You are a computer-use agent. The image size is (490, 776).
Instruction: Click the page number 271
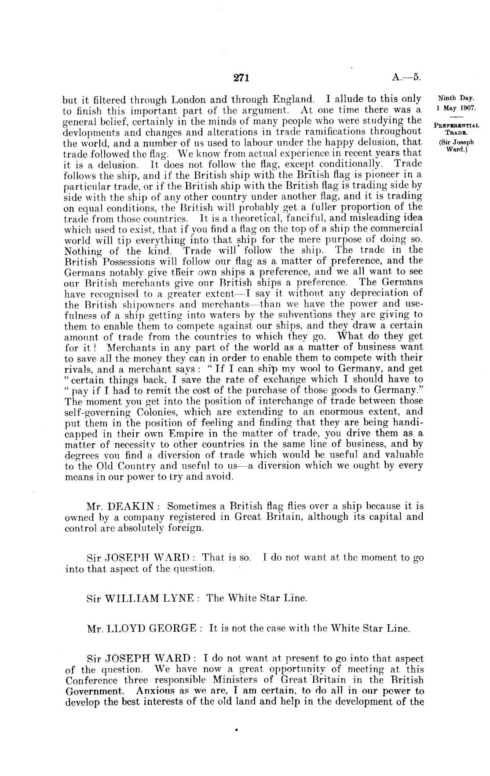coord(242,78)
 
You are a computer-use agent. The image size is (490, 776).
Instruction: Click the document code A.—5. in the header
coord(406,78)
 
